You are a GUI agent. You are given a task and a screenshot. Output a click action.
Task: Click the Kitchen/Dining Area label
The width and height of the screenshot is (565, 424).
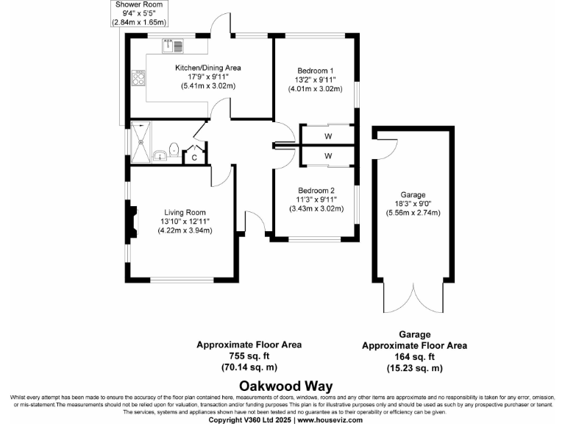pyautogui.click(x=207, y=68)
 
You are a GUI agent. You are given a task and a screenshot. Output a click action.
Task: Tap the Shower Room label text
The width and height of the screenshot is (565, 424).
pyautogui.click(x=139, y=4)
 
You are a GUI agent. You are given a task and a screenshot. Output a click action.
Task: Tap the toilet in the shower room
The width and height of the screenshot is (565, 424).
pyautogui.click(x=173, y=150)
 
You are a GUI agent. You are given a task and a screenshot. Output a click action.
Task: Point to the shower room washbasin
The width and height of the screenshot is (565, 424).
pyautogui.click(x=160, y=155)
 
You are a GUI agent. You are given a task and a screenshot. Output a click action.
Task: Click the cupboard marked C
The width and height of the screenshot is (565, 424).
pyautogui.click(x=194, y=156)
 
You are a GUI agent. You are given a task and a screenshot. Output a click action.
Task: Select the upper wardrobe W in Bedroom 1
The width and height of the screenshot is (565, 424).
pyautogui.click(x=327, y=136)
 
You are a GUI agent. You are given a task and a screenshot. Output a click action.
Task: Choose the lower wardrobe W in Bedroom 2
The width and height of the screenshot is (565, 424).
pyautogui.click(x=327, y=156)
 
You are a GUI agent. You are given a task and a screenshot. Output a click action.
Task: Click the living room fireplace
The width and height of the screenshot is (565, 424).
pyautogui.click(x=132, y=224)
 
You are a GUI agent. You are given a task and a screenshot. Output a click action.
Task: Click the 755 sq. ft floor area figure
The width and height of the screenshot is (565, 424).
pyautogui.click(x=249, y=356)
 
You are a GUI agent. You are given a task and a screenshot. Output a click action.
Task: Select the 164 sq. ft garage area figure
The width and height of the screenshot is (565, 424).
pyautogui.click(x=415, y=356)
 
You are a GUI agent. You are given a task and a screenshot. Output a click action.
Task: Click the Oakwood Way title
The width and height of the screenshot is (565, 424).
pyautogui.click(x=286, y=386)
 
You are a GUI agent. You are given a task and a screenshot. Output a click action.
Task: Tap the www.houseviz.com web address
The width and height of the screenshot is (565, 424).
pyautogui.click(x=329, y=420)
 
